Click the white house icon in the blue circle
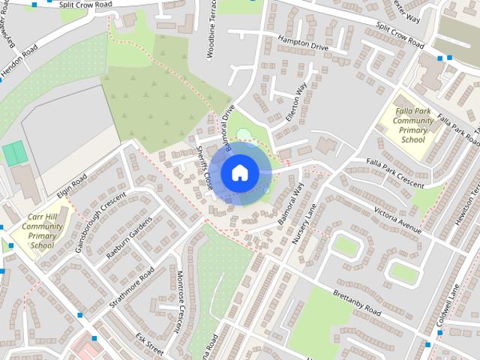(239, 172)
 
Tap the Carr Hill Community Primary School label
(42, 232)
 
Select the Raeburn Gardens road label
(128, 238)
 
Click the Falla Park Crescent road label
(394, 173)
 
